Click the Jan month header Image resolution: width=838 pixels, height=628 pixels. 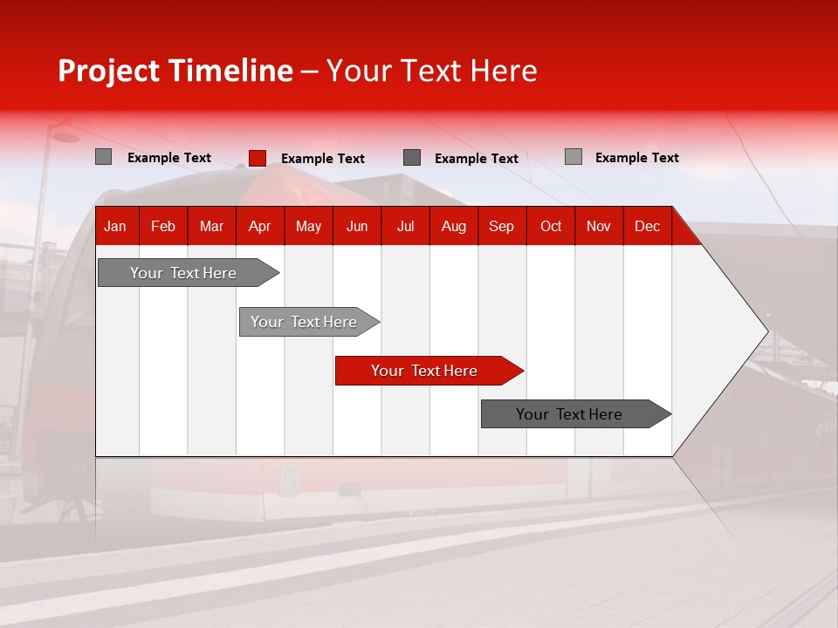click(115, 226)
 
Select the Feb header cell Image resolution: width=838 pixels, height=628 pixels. click(163, 226)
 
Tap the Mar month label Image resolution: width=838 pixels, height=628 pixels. click(211, 226)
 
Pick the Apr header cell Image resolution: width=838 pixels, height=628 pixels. click(259, 226)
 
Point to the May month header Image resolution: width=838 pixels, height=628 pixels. click(308, 226)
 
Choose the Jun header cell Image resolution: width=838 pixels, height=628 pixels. click(357, 226)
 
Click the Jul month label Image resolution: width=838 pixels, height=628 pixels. click(405, 226)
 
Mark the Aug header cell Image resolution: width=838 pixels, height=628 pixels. click(454, 226)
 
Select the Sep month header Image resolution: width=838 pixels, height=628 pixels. click(502, 226)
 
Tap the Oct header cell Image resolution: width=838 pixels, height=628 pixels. click(551, 226)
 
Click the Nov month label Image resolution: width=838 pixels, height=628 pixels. click(599, 226)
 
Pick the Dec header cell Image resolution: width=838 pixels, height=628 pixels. click(648, 226)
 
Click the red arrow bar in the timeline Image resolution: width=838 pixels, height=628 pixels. click(424, 371)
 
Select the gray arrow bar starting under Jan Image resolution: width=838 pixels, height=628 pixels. click(183, 273)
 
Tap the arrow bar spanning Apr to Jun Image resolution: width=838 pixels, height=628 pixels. click(304, 322)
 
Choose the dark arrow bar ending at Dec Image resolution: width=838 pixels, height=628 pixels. click(569, 414)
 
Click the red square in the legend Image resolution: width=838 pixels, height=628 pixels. click(258, 158)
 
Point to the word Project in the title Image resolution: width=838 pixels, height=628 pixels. click(109, 71)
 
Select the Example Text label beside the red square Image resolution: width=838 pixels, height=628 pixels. click(323, 159)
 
